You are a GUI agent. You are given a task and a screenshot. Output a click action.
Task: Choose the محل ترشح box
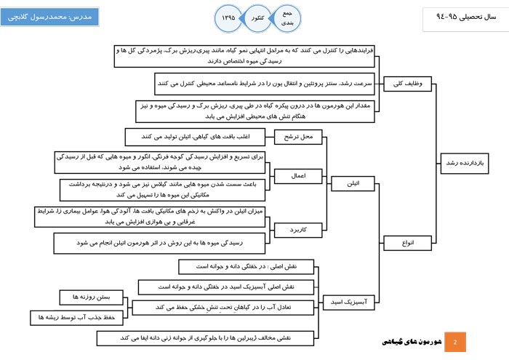click(x=294, y=137)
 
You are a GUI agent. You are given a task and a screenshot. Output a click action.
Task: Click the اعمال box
click(x=294, y=176)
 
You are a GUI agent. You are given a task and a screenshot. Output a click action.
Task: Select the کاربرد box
click(x=294, y=231)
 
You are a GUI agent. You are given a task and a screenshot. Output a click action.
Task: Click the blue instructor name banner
click(x=49, y=16)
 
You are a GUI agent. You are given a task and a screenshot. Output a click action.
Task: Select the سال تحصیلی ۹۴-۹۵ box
click(x=462, y=16)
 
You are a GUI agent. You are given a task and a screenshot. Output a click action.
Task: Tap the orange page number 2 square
click(x=455, y=341)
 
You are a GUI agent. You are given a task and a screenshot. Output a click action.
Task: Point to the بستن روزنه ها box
click(x=85, y=298)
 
